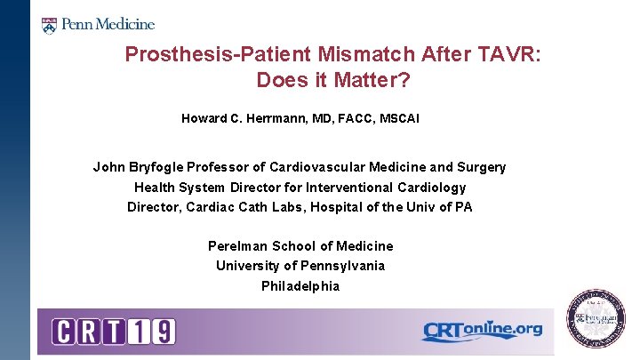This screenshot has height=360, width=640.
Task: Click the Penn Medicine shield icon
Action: pos(49,24)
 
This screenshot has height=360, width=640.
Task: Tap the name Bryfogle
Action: pos(156,167)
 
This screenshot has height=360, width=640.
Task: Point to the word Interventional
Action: pos(340,188)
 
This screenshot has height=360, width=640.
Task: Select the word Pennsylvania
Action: pos(342,266)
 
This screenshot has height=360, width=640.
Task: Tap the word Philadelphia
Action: pos(300,286)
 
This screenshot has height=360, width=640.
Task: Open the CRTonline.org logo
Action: pos(481,331)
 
